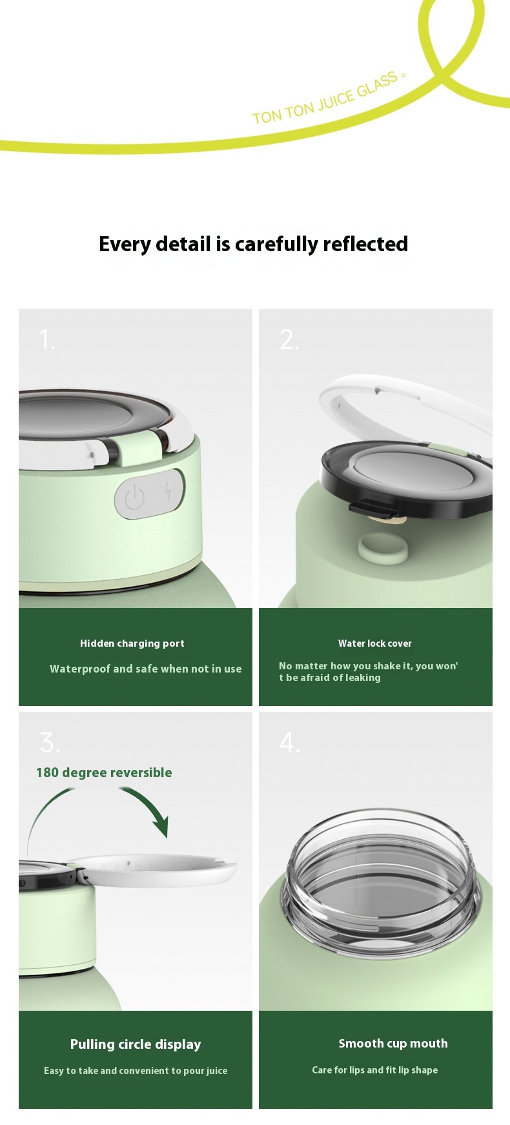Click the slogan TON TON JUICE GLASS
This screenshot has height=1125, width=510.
(325, 99)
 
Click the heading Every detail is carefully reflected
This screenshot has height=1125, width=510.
(254, 244)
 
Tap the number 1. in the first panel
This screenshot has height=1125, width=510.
(47, 340)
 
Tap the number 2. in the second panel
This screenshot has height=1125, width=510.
(289, 340)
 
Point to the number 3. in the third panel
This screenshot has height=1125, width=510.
(50, 742)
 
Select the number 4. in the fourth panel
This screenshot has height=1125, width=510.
(290, 742)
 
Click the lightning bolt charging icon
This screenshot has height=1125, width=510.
(168, 492)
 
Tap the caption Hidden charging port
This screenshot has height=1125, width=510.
(132, 644)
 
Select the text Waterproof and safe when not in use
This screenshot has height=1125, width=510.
(146, 669)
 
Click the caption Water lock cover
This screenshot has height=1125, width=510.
(375, 644)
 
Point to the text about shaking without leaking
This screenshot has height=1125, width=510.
(369, 672)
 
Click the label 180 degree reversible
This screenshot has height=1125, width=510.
(104, 773)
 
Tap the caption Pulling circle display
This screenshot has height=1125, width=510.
(136, 1044)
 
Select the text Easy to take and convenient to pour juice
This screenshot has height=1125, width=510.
(136, 1071)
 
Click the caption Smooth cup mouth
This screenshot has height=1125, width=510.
(393, 1044)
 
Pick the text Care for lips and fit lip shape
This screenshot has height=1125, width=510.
(375, 1070)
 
